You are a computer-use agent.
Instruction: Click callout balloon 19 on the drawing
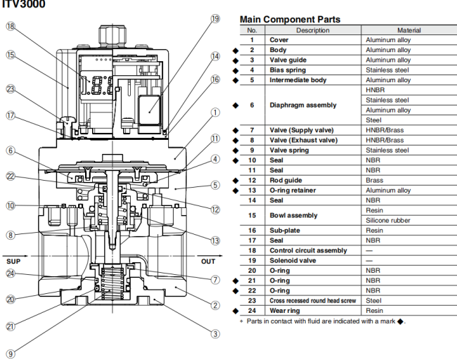215,20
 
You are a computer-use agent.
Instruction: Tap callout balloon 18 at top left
11,26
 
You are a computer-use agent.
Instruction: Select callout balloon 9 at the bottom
11,354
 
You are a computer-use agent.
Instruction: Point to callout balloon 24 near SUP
11,274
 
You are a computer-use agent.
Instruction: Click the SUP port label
15,260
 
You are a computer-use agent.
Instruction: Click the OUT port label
209,260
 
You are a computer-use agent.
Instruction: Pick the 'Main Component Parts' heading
290,19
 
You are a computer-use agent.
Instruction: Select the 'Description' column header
313,30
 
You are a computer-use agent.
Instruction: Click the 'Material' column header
408,30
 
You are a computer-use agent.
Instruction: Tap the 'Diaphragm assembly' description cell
303,105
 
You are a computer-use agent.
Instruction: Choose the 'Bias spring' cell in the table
290,70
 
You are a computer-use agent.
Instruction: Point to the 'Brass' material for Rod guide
375,180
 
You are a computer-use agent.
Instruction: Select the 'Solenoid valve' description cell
294,260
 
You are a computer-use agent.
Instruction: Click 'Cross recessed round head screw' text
312,300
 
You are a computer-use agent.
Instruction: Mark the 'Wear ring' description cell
287,310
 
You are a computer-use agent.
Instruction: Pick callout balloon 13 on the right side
215,239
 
